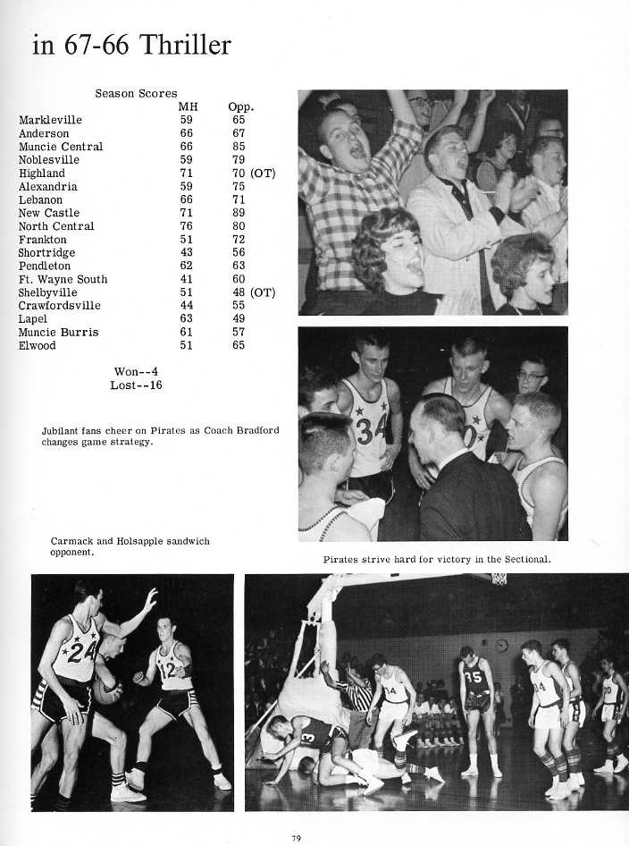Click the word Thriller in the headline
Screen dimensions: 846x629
tap(182, 45)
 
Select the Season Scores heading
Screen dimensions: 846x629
tap(136, 93)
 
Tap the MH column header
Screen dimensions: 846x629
tap(187, 106)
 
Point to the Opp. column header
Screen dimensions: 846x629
tap(240, 106)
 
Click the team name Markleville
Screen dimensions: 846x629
tap(50, 120)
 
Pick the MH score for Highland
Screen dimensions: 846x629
tap(186, 173)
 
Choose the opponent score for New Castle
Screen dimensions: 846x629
tap(239, 213)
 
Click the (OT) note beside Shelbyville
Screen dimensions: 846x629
tap(263, 292)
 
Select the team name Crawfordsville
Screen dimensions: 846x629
tap(60, 306)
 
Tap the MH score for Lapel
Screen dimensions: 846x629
tap(186, 319)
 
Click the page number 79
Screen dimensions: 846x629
tap(296, 837)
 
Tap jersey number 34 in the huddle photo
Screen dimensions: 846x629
tap(369, 428)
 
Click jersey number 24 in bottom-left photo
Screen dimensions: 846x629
tap(81, 651)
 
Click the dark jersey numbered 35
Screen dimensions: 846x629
tap(475, 677)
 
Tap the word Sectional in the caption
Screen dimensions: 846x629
tap(524, 560)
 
